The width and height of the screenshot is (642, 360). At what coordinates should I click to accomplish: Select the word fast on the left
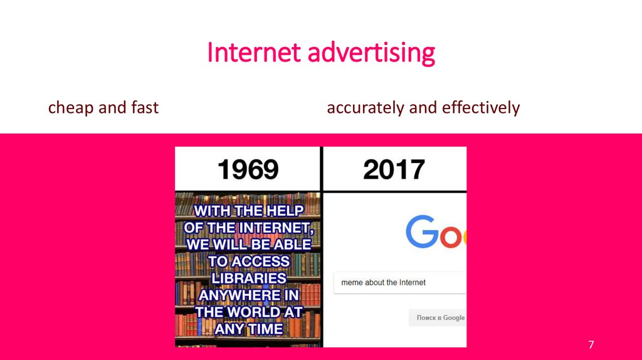click(x=145, y=108)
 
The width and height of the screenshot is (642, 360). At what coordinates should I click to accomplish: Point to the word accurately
click(x=366, y=108)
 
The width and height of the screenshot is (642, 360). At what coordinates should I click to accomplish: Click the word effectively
click(x=481, y=108)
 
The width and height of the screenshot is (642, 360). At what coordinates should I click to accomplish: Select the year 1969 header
click(x=248, y=169)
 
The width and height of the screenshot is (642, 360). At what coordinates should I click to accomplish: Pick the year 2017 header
click(x=394, y=169)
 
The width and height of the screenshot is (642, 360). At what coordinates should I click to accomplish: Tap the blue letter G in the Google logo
click(x=421, y=232)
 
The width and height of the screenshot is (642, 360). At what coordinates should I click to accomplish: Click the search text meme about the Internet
click(x=383, y=283)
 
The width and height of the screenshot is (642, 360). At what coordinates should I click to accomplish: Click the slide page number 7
click(x=591, y=345)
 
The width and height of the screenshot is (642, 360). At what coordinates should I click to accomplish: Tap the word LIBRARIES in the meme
click(x=249, y=278)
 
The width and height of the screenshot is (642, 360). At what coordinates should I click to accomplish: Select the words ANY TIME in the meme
click(x=249, y=329)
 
